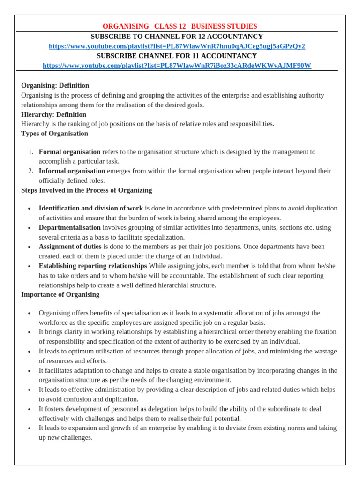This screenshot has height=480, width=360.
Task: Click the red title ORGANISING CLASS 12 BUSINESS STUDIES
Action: click(x=180, y=26)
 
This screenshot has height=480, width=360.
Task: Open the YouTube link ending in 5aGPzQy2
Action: click(x=177, y=46)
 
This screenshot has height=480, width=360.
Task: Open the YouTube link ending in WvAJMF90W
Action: click(x=177, y=66)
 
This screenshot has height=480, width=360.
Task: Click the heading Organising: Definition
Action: click(x=55, y=85)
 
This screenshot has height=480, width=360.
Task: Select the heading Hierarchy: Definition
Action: click(x=53, y=114)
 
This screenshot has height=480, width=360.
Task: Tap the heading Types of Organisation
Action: click(x=54, y=134)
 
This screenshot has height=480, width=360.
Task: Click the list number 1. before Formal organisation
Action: click(x=30, y=152)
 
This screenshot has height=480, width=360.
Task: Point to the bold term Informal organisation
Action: click(x=72, y=171)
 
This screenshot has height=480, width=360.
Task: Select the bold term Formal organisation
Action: click(x=69, y=152)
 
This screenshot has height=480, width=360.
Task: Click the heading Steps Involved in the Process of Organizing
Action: click(x=86, y=190)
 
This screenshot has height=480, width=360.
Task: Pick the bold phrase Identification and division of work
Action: click(x=90, y=208)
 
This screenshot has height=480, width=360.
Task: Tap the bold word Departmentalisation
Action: click(x=69, y=227)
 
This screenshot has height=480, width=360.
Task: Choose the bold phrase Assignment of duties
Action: click(x=70, y=247)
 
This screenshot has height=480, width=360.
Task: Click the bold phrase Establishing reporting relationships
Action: click(x=92, y=266)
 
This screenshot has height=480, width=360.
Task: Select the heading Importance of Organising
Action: click(x=60, y=294)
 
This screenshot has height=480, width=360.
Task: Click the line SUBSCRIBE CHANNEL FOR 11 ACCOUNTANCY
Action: click(x=177, y=56)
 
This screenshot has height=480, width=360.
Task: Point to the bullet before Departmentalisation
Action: click(x=29, y=228)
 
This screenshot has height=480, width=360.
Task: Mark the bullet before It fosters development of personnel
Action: click(x=29, y=409)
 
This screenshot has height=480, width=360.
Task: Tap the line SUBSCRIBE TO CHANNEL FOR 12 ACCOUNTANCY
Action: click(x=177, y=36)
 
